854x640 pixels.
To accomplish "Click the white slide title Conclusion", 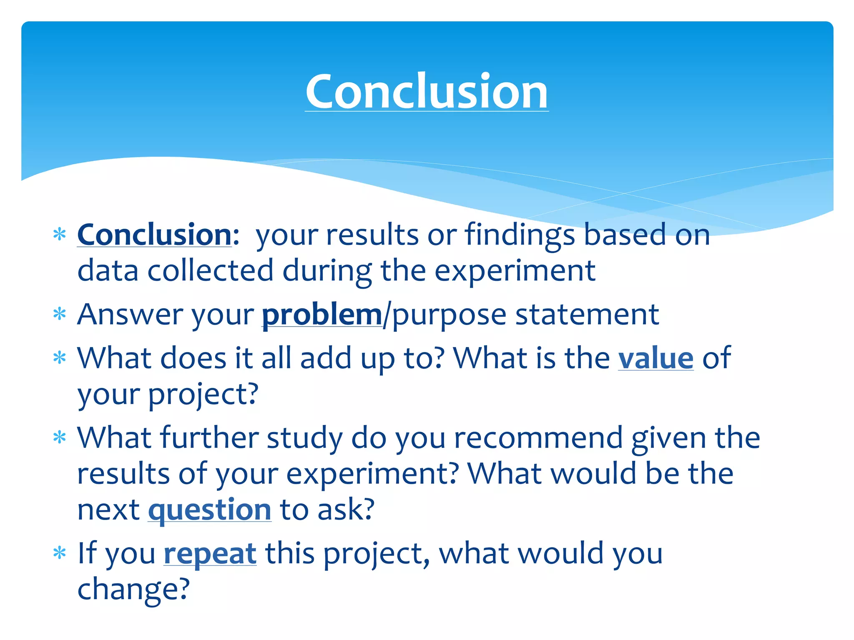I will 427,91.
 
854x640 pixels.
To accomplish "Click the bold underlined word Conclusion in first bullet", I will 154,235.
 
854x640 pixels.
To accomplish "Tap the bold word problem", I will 322,315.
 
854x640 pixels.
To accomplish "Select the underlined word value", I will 656,358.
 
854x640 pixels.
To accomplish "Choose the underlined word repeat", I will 210,554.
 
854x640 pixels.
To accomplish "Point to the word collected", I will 210,271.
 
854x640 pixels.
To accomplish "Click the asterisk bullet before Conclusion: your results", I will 60,235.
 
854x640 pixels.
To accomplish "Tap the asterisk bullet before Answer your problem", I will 60,314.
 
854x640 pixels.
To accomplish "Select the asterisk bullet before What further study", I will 60,438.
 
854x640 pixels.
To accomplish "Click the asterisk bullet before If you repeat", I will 60,553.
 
